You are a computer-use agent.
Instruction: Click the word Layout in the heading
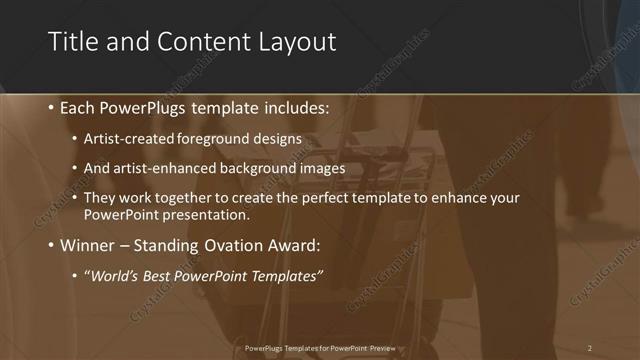click(294, 42)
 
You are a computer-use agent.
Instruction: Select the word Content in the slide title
click(194, 42)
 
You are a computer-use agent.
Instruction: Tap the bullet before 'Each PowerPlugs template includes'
click(51, 108)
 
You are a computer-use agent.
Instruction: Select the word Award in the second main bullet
click(297, 245)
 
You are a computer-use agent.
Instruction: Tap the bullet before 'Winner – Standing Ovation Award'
click(51, 245)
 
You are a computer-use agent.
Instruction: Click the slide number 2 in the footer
click(590, 348)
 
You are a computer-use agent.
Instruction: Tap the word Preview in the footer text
click(378, 348)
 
